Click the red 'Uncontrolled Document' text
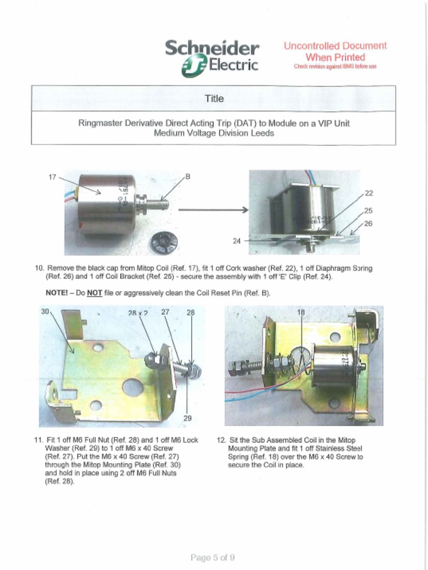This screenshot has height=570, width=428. point(335,46)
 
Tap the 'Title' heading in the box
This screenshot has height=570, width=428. point(214,99)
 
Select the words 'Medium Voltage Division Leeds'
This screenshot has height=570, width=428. point(214,134)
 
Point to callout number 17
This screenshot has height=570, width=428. point(52,177)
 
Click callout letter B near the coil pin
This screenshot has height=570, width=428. point(188,176)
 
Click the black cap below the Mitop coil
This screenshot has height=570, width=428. point(164,243)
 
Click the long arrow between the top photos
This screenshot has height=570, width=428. point(213,210)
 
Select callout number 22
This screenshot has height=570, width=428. point(368,193)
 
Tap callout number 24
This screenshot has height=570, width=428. point(237,241)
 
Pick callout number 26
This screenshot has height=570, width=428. point(368,223)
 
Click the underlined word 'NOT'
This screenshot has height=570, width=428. point(94,293)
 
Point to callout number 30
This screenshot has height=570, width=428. point(45,312)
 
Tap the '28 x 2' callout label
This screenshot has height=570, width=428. point(138,313)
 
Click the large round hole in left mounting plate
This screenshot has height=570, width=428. point(133,387)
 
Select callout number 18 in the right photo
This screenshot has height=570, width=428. point(301,313)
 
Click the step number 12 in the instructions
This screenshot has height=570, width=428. point(221,440)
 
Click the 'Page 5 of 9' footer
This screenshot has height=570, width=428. point(212,557)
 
